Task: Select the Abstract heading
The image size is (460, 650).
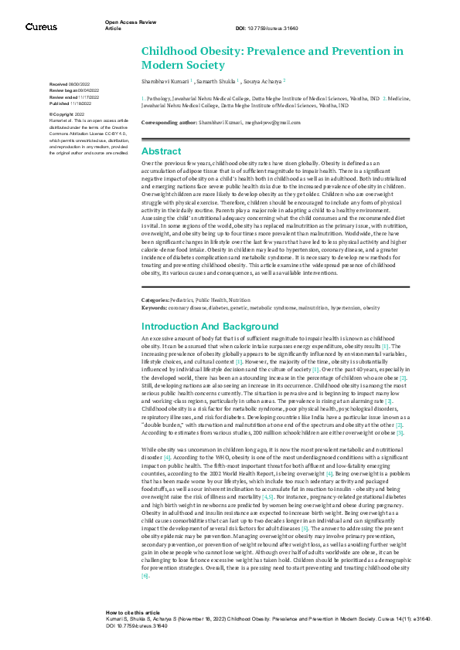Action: click(x=161, y=151)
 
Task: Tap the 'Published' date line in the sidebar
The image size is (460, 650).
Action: click(x=70, y=102)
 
